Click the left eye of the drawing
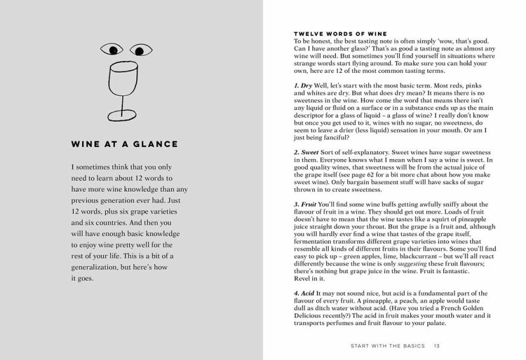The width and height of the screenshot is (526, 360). (x=112, y=49)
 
